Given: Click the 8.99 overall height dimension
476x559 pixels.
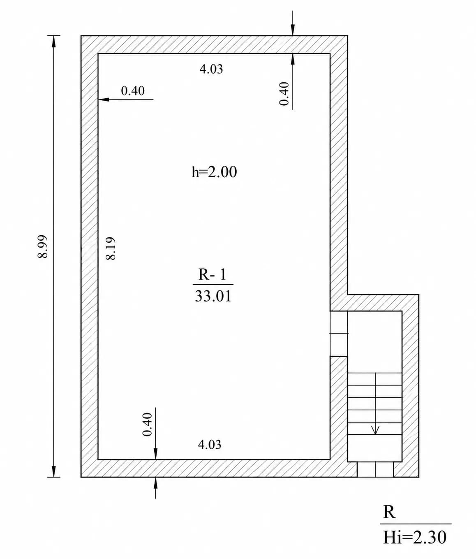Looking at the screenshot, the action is coord(42,246).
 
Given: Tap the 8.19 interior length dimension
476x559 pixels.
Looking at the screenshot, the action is coord(111,248).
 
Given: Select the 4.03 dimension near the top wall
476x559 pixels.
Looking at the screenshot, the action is coord(211,69).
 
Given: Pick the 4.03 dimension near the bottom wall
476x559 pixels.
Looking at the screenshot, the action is coord(210,445).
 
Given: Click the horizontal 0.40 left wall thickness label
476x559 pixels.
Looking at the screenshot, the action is coord(133,90).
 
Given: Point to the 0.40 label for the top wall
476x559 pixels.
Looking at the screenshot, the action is coord(284,93).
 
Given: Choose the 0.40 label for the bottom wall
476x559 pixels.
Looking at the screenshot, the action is coord(147,424).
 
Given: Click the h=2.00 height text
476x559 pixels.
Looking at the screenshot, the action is coord(214,172).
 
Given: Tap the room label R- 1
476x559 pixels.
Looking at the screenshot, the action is coord(212,274).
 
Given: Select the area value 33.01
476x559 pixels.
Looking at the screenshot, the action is coord(213,296).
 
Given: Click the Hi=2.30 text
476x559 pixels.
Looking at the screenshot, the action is coord(415,537).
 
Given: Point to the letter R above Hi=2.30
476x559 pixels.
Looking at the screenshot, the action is coord(389,512).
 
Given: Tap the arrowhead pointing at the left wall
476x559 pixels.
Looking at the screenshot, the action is coord(104,100).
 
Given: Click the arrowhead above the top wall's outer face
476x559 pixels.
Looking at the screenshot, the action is coord(293,30).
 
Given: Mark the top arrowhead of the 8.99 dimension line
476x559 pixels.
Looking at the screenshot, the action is coord(54,42).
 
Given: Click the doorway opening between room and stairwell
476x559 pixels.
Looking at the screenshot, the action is coord(339,334).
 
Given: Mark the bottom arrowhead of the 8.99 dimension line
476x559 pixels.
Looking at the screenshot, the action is coord(54,471).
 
